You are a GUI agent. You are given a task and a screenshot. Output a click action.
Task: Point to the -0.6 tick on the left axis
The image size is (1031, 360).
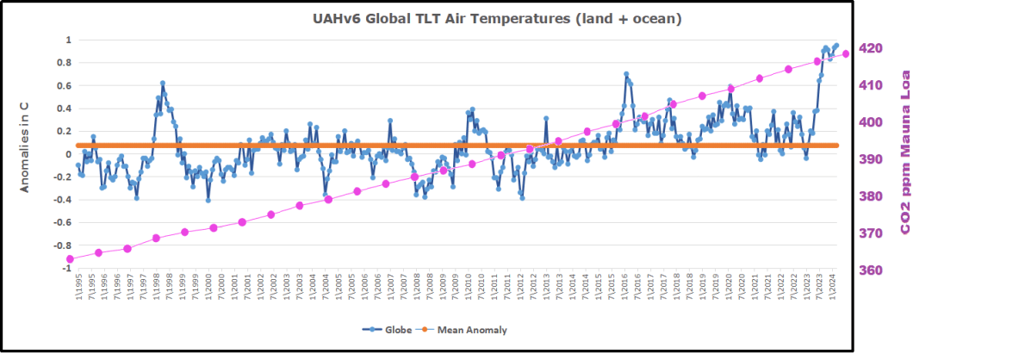61,222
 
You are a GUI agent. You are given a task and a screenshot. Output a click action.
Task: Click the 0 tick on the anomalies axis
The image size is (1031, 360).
67,154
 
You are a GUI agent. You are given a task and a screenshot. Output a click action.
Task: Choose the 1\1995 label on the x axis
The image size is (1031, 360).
78,285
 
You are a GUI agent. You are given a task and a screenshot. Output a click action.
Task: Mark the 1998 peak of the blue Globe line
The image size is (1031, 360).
162,84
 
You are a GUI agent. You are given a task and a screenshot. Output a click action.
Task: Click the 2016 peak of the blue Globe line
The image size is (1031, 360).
626,75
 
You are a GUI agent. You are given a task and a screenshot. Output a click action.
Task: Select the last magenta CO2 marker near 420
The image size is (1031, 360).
846,53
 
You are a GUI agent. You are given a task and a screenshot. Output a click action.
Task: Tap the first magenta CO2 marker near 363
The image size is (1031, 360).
70,258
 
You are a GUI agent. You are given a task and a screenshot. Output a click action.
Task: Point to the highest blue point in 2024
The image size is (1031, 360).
836,45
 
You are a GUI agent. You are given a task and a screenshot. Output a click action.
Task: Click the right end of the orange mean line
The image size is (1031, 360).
837,146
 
